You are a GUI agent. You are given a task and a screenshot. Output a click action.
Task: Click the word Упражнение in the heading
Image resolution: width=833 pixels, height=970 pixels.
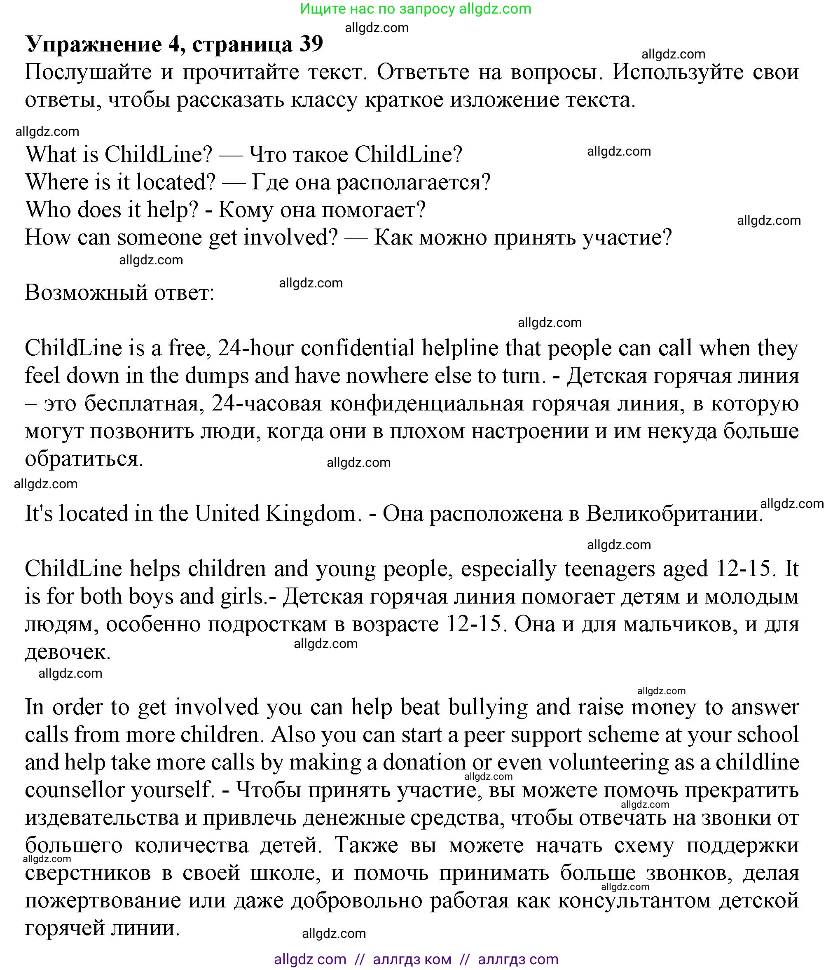94,45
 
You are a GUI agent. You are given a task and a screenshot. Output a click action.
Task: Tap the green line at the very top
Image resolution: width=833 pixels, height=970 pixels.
416,9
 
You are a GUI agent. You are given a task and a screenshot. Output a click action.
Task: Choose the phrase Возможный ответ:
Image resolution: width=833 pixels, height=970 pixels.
119,293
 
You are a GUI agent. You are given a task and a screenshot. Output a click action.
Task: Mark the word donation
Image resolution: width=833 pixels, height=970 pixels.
424,762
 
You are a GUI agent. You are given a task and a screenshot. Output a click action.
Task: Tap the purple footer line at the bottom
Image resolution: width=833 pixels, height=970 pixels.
416,959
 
